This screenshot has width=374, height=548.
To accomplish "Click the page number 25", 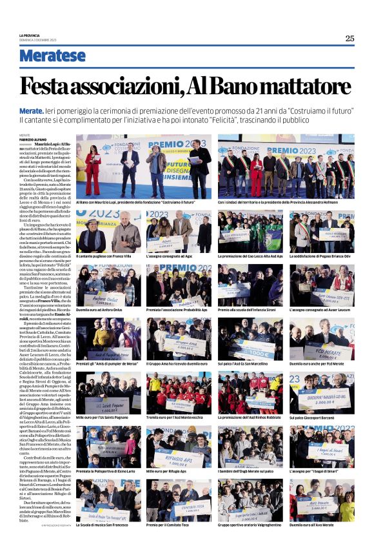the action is (x=349, y=38).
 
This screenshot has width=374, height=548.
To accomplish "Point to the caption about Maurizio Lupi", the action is (x=133, y=202).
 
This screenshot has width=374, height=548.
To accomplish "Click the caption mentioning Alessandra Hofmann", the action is (x=285, y=202).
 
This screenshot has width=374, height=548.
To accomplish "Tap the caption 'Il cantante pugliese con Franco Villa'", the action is (x=103, y=256).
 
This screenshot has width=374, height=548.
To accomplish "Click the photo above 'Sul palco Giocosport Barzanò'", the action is (x=320, y=391).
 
